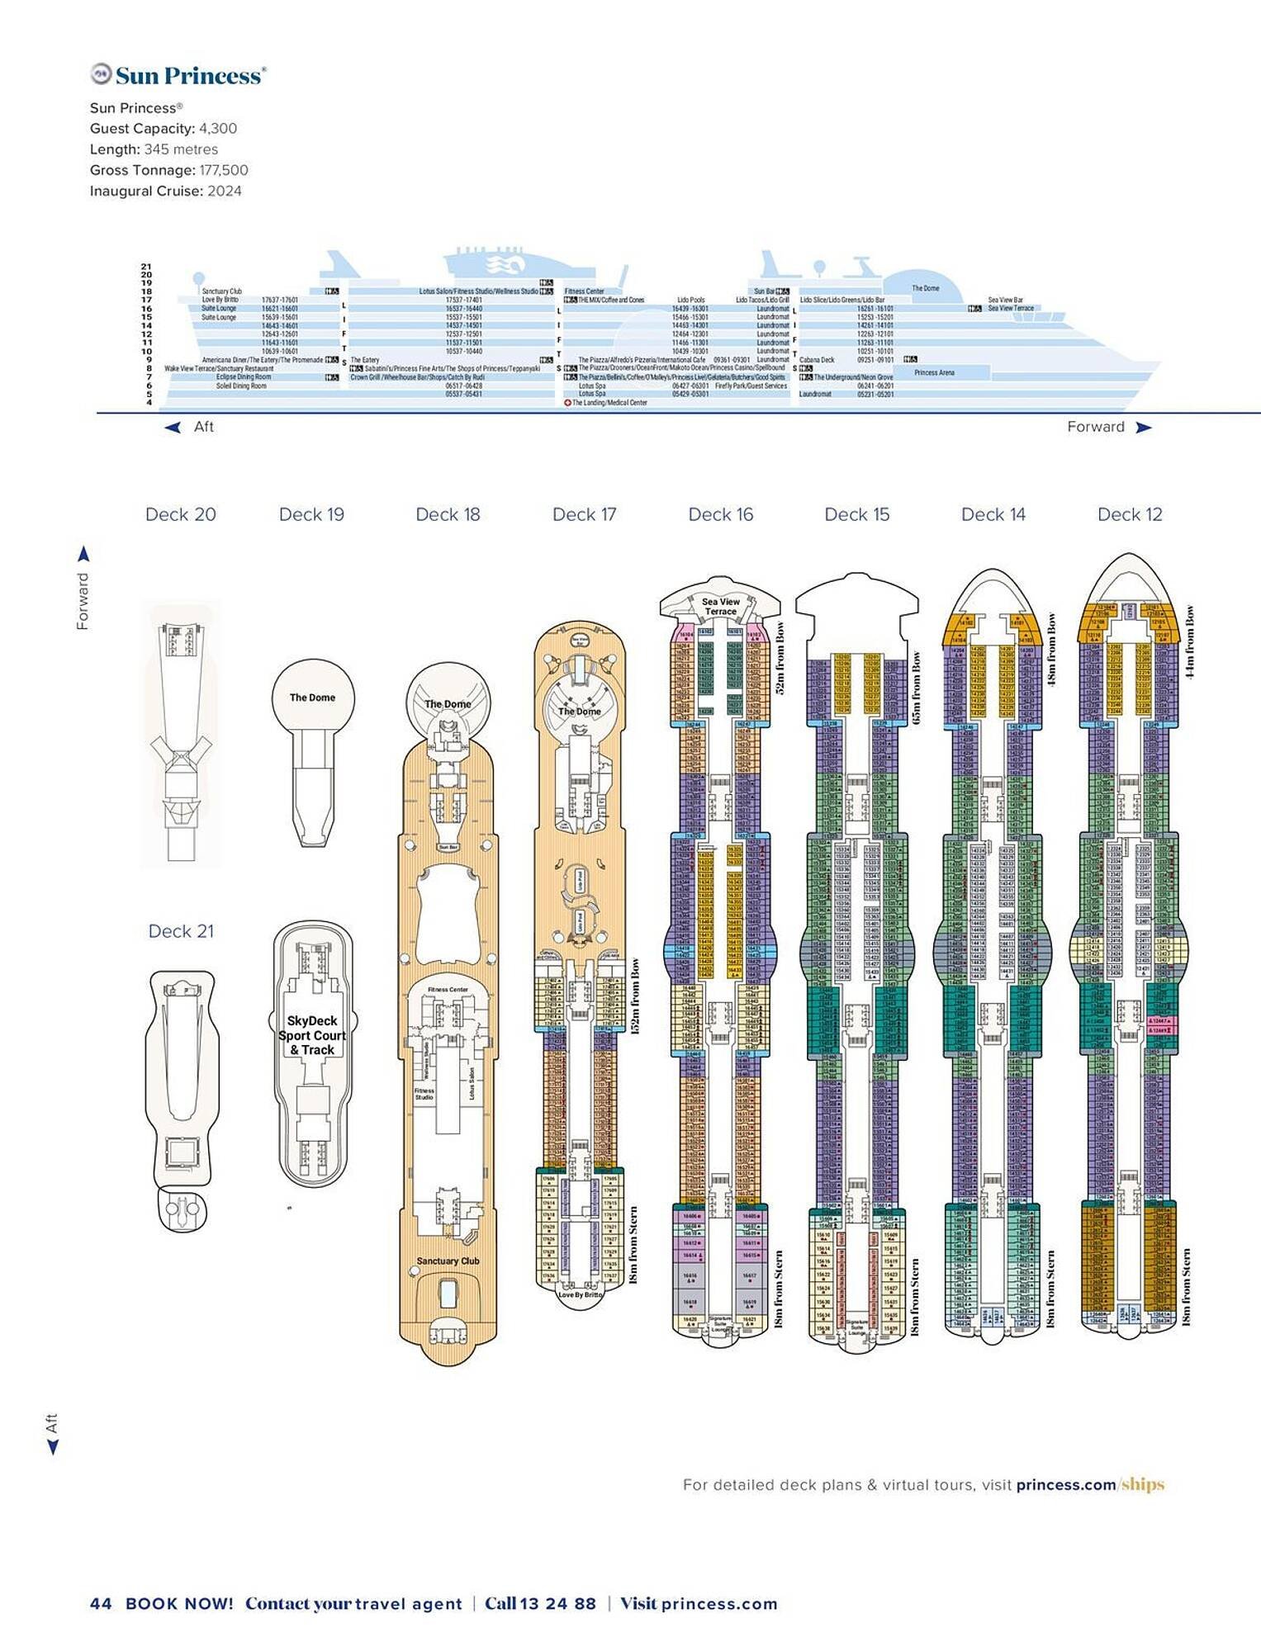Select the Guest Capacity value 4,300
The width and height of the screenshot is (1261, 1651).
click(218, 129)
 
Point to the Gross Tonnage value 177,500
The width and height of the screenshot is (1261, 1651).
click(223, 170)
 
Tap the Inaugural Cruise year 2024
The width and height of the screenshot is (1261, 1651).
click(225, 191)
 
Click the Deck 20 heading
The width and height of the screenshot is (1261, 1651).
click(180, 514)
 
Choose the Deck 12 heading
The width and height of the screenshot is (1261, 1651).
click(1129, 514)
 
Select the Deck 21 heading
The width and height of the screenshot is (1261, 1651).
click(181, 931)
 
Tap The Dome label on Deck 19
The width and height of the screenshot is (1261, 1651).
click(312, 698)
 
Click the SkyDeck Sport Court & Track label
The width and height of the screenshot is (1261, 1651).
click(312, 1035)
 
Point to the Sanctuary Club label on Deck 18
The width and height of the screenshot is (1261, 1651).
click(448, 1261)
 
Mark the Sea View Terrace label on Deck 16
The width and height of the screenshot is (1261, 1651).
click(720, 606)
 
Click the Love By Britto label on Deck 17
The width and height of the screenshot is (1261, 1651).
click(581, 1294)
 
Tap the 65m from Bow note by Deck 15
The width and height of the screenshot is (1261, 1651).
click(916, 688)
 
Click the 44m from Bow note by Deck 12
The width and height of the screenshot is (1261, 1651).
click(1189, 642)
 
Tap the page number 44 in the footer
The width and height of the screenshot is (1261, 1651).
click(100, 1603)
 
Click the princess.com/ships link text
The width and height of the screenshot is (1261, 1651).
click(1090, 1484)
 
